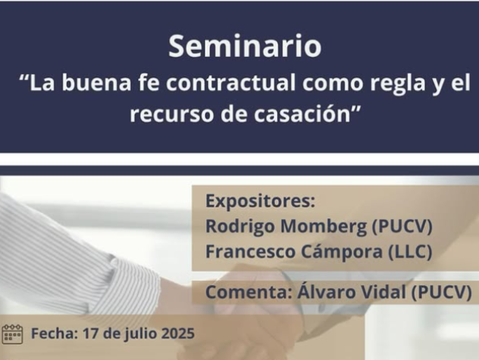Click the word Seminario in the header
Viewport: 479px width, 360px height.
click(x=245, y=46)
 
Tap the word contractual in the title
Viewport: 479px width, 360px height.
click(x=231, y=83)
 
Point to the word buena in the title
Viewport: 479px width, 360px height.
click(x=96, y=83)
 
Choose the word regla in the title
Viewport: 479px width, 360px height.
click(x=397, y=84)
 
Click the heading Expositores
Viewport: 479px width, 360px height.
click(x=260, y=201)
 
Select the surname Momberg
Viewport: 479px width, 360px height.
click(x=324, y=226)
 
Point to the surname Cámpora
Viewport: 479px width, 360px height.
click(x=342, y=252)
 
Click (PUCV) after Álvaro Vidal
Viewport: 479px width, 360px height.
click(x=442, y=292)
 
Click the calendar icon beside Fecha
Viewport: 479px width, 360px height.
click(x=12, y=334)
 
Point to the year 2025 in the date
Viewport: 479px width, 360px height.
click(x=178, y=333)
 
